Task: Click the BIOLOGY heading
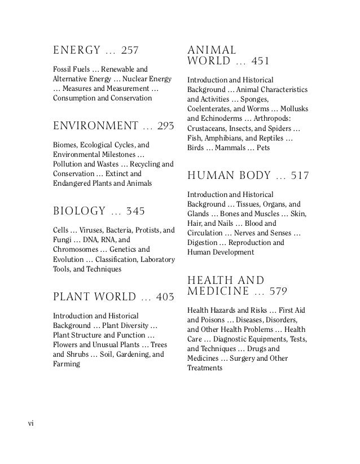[78, 211]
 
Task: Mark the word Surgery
[271, 358]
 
